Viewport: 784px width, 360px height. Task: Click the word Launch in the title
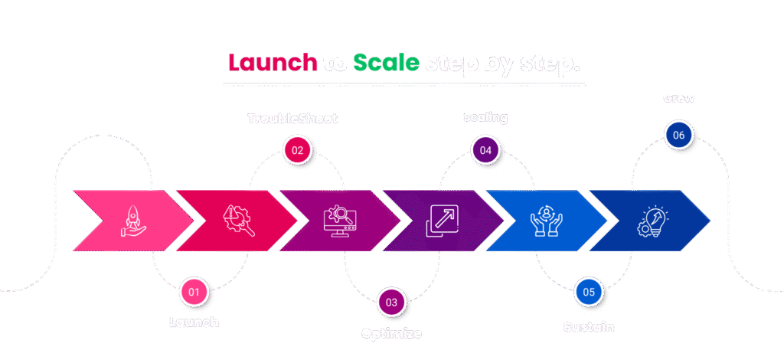pyautogui.click(x=273, y=63)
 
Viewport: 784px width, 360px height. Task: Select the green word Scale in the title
pyautogui.click(x=386, y=63)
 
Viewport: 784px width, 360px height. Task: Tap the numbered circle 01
pyautogui.click(x=194, y=292)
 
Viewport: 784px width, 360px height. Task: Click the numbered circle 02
pyautogui.click(x=297, y=150)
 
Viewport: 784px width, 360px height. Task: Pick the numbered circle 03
pyautogui.click(x=391, y=303)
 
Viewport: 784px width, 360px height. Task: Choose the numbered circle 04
pyautogui.click(x=485, y=150)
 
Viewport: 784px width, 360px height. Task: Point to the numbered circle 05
pyautogui.click(x=589, y=292)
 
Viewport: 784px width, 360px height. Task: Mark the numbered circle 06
pyautogui.click(x=678, y=136)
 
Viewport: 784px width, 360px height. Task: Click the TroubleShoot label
pyautogui.click(x=292, y=119)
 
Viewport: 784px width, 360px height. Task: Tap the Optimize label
pyautogui.click(x=391, y=333)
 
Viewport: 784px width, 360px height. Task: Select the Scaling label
pyautogui.click(x=485, y=117)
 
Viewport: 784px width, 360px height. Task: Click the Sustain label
pyautogui.click(x=589, y=327)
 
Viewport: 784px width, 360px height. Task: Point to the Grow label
pyautogui.click(x=679, y=98)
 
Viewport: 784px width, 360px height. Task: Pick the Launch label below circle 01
pyautogui.click(x=194, y=322)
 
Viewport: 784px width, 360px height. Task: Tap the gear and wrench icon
pyautogui.click(x=234, y=221)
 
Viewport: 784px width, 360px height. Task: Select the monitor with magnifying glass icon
pyautogui.click(x=337, y=221)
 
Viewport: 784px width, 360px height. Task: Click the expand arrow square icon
pyautogui.click(x=440, y=221)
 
